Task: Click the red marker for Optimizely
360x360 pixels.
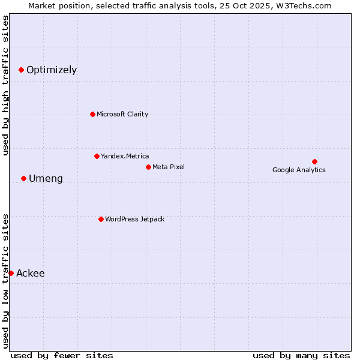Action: click(x=21, y=70)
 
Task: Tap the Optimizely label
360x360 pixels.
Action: click(x=52, y=70)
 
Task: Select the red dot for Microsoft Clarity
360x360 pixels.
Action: click(x=92, y=114)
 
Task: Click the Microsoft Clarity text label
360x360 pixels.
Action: click(x=122, y=115)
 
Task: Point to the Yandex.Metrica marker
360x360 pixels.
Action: click(x=97, y=156)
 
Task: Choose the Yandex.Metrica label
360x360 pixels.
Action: click(x=125, y=157)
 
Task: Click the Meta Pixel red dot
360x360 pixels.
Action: click(x=148, y=167)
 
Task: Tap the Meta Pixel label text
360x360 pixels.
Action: click(x=169, y=167)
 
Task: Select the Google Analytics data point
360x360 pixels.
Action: click(x=314, y=161)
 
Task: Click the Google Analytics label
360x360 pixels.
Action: click(x=299, y=170)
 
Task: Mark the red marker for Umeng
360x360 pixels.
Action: click(x=23, y=178)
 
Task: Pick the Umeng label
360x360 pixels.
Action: click(x=46, y=179)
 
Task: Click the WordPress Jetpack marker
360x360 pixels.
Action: click(x=101, y=219)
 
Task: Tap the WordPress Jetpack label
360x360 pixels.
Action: click(x=134, y=220)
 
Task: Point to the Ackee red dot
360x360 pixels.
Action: click(x=11, y=273)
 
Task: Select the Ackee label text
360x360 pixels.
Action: click(x=31, y=274)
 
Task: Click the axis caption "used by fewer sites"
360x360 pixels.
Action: click(x=62, y=355)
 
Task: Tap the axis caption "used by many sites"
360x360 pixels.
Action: click(x=301, y=355)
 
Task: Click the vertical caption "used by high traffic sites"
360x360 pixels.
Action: click(x=6, y=85)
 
